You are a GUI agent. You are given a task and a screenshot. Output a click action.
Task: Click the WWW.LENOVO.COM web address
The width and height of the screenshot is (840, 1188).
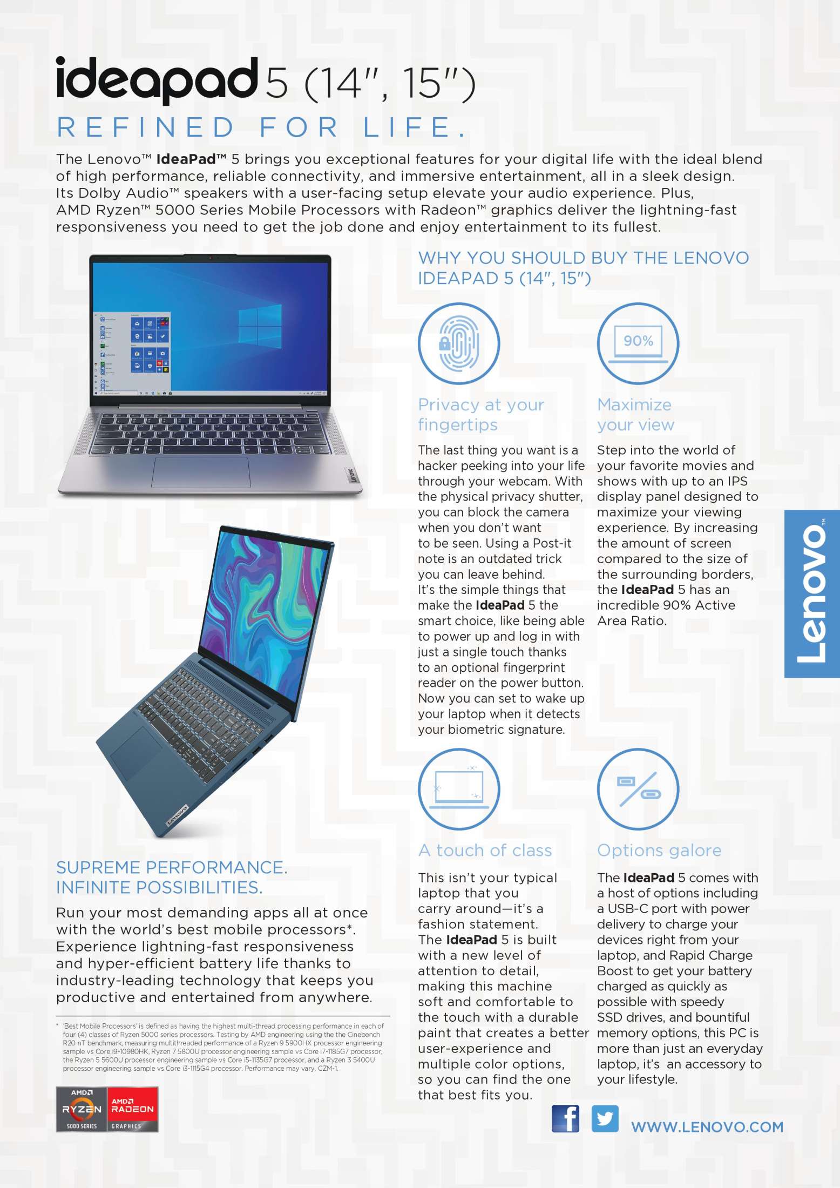coord(707,1127)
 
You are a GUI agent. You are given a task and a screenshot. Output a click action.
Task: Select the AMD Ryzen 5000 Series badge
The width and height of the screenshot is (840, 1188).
coord(82,1109)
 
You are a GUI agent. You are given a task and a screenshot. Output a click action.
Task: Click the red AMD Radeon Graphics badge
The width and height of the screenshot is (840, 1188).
coord(132,1109)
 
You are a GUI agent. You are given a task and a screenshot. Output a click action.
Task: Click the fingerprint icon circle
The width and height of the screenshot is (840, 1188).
coord(459,343)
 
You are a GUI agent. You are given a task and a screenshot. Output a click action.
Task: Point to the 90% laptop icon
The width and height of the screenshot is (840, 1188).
coord(638,343)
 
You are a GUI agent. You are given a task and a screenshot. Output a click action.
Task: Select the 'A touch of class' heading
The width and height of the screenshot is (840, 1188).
coord(485,850)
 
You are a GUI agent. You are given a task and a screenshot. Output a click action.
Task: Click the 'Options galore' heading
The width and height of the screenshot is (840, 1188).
coord(659,850)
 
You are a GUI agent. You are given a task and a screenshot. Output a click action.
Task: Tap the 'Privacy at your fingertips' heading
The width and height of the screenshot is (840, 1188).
coord(480,414)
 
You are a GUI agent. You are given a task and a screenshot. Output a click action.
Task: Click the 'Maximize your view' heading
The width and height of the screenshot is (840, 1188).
coord(635,414)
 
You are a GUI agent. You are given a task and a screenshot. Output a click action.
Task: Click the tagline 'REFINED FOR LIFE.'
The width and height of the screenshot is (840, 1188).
coord(261,127)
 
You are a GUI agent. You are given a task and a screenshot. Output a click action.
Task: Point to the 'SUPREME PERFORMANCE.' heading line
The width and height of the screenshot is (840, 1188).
coord(172,867)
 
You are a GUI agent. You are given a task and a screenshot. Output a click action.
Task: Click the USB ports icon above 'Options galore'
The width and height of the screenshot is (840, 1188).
coord(638,789)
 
